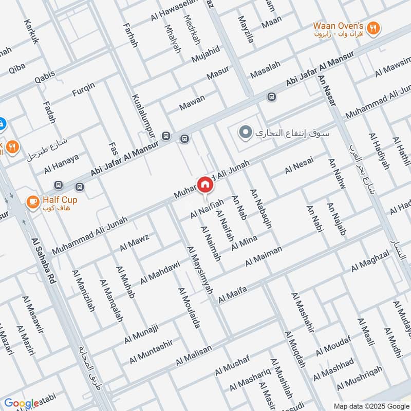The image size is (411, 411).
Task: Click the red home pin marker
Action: tap(205, 184)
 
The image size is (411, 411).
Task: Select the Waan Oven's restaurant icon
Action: tap(373, 29)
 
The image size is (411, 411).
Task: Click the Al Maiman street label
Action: tap(264, 256)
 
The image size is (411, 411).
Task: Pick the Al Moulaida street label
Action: tap(189, 308)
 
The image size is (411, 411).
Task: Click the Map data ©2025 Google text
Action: tap(371, 405)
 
